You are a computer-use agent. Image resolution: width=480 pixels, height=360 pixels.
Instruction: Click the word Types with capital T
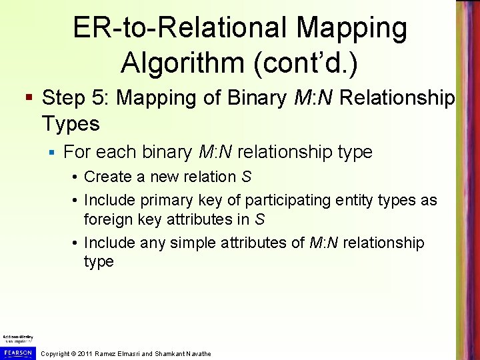click(70, 123)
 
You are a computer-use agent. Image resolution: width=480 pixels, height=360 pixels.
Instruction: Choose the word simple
click(195, 243)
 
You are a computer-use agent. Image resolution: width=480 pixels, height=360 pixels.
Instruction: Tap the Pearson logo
click(18, 351)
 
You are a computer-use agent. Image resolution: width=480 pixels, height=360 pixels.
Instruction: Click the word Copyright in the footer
click(56, 353)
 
